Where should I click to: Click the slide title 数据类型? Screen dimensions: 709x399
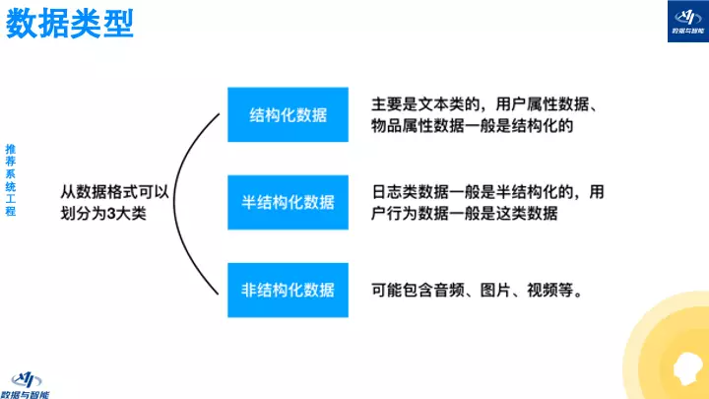point(69,24)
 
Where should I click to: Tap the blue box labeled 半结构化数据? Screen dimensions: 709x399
point(288,203)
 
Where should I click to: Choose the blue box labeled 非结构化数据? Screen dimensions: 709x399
point(288,290)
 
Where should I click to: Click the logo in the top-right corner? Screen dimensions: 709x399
point(682,22)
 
